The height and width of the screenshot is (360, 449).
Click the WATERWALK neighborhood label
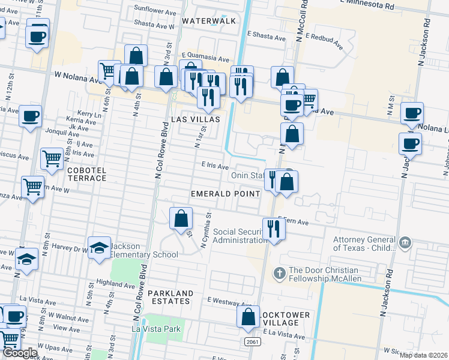click(x=209, y=21)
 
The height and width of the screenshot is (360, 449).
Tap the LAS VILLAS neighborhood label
click(x=196, y=119)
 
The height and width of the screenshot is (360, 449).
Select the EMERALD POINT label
click(x=226, y=194)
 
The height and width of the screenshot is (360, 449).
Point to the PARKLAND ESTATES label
click(x=171, y=298)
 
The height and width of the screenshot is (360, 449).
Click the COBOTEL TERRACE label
click(x=87, y=175)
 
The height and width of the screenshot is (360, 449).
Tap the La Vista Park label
click(x=156, y=329)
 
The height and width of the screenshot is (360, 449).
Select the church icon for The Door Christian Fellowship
click(x=279, y=273)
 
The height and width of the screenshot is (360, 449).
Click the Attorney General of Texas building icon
click(x=406, y=242)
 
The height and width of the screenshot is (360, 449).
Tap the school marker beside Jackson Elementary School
click(x=99, y=248)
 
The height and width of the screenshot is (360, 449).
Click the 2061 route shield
click(x=252, y=341)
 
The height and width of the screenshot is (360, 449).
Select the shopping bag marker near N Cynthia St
click(x=181, y=220)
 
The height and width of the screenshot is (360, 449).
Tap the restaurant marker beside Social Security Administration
click(x=273, y=229)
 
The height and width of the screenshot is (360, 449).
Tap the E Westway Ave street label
click(x=228, y=299)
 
